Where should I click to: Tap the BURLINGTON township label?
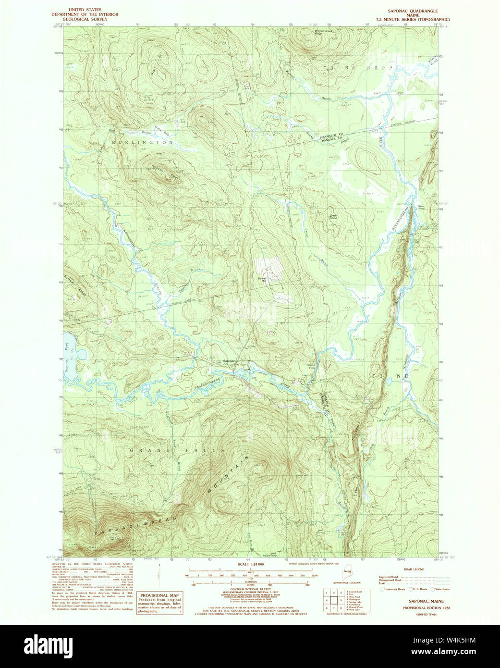tap(143, 143)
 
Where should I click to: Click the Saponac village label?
tap(230, 361)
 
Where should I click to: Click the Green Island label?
tap(333, 217)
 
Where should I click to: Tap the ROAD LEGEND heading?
tap(414, 569)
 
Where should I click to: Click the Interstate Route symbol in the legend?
tap(382, 589)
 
